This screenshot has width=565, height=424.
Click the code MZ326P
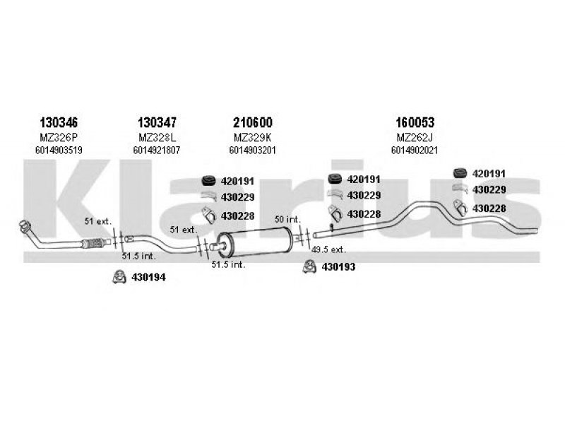[x=54, y=137]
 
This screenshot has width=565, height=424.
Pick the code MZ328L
[x=158, y=137]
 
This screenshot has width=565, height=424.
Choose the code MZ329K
[x=252, y=137]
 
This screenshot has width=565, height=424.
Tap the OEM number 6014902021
[x=413, y=150]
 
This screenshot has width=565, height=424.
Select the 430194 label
[x=148, y=277]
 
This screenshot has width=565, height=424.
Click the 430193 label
[x=338, y=266]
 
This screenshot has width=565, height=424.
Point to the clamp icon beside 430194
[x=120, y=276]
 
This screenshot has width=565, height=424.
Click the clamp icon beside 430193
[x=309, y=266]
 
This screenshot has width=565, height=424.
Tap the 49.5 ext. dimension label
[x=329, y=249]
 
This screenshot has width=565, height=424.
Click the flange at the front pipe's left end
[x=25, y=228]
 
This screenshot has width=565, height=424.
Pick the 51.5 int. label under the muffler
[x=228, y=264]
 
